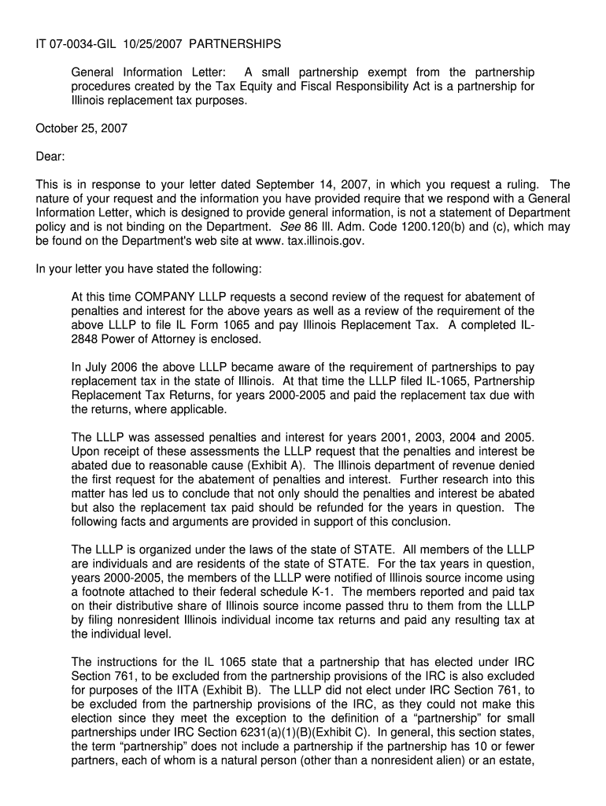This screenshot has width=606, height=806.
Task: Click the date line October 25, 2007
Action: [x=82, y=128]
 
